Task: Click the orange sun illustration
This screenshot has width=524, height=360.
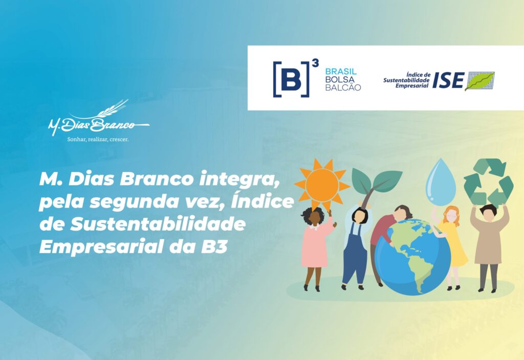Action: pyautogui.click(x=322, y=184)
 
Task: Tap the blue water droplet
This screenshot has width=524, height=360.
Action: pyautogui.click(x=441, y=183)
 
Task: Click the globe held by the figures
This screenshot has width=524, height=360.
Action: pyautogui.click(x=413, y=257)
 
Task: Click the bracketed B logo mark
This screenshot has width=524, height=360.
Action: pyautogui.click(x=291, y=79)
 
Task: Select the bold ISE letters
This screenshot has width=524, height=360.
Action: pyautogui.click(x=448, y=80)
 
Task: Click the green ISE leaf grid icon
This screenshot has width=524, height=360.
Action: pyautogui.click(x=479, y=81)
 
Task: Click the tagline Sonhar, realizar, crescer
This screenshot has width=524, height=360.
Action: pyautogui.click(x=98, y=139)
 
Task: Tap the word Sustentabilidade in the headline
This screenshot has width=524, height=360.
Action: pyautogui.click(x=158, y=224)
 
